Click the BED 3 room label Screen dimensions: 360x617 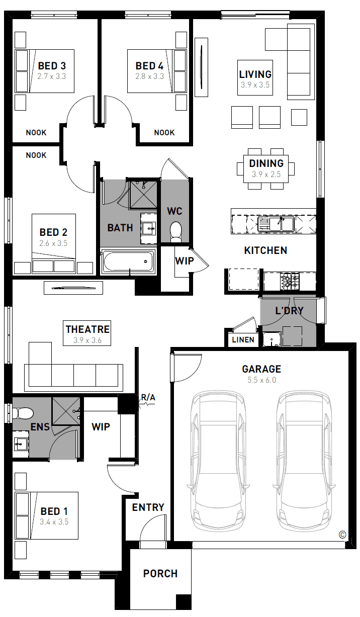click(x=52, y=66)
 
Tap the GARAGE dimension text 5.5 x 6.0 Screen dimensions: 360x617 click(x=261, y=380)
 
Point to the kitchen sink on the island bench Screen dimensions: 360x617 click(x=276, y=224)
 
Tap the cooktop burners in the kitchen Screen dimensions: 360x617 click(x=290, y=281)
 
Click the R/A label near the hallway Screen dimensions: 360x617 click(x=148, y=397)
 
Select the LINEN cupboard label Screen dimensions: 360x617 click(x=243, y=339)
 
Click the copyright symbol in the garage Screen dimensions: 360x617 click(x=342, y=535)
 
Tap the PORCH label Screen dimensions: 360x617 click(x=160, y=573)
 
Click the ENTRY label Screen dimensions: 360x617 click(x=148, y=507)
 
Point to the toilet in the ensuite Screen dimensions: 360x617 click(x=23, y=413)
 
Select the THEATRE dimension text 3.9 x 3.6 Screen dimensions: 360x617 click(x=87, y=340)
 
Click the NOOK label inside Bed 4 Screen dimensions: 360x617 click(x=164, y=132)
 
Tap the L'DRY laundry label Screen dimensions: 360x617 click(x=289, y=311)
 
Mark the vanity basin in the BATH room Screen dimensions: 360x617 click(x=149, y=228)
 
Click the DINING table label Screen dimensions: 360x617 click(x=266, y=163)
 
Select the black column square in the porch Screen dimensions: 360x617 click(x=184, y=602)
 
